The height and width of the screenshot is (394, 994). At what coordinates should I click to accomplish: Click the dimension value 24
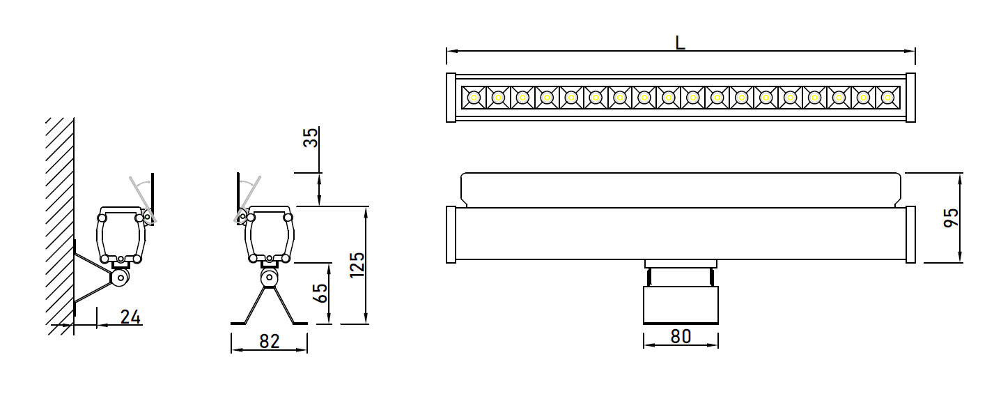(x=130, y=317)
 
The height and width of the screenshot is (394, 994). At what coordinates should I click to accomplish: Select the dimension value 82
(x=270, y=341)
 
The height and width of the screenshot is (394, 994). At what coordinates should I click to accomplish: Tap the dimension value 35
(x=311, y=137)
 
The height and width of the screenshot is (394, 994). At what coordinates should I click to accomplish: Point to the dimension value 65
(x=320, y=293)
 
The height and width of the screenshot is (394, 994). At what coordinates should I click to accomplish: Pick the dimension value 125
(x=357, y=265)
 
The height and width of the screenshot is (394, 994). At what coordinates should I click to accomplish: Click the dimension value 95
(x=951, y=218)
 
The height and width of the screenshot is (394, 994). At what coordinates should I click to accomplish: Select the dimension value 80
(x=681, y=336)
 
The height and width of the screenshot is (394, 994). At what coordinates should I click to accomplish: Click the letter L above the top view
(x=680, y=43)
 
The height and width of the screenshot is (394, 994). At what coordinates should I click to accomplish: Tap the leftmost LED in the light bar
(x=474, y=97)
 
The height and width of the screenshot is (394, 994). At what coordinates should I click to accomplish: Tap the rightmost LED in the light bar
(x=887, y=97)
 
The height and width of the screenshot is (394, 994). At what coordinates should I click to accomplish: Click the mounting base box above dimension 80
(x=681, y=305)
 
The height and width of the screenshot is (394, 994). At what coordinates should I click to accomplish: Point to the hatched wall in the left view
(x=59, y=226)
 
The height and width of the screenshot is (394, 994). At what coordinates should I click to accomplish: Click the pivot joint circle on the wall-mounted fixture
(x=120, y=278)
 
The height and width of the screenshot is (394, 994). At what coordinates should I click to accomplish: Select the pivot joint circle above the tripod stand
(x=268, y=278)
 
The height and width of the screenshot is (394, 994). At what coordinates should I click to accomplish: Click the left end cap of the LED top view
(x=451, y=97)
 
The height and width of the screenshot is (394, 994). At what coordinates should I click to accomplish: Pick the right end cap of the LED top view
(x=910, y=97)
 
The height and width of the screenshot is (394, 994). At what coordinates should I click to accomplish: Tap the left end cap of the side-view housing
(x=451, y=234)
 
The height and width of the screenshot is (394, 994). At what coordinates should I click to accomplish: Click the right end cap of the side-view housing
(x=910, y=234)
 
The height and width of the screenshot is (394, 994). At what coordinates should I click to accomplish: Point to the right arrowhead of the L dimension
(x=910, y=51)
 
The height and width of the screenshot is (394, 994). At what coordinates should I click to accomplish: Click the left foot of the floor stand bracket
(x=238, y=323)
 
